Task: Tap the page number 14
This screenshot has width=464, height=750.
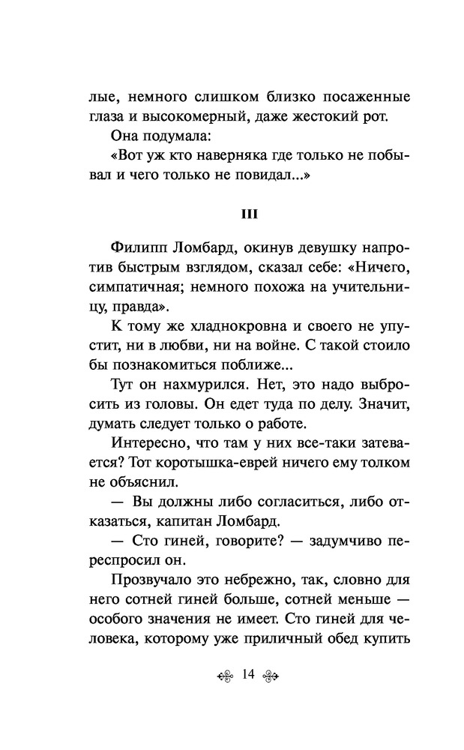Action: click(x=249, y=674)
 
